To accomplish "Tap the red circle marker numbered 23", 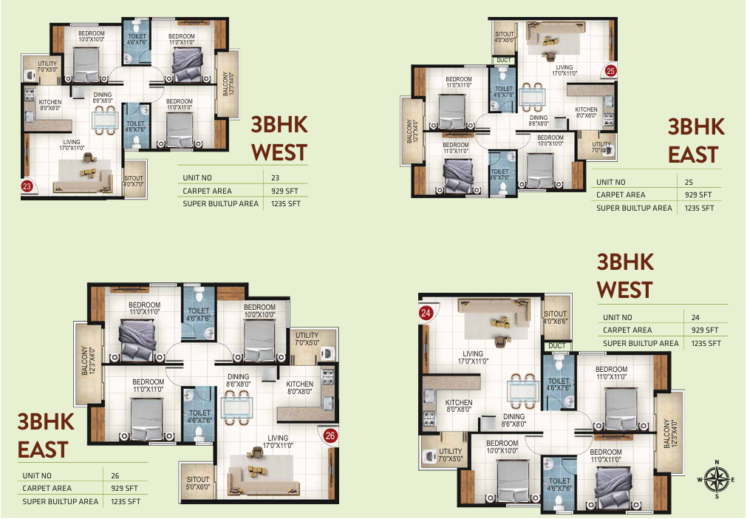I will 27,186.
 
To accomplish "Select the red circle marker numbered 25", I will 610,71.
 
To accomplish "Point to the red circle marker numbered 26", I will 330,435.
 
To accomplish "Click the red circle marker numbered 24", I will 426,313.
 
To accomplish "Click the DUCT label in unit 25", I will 504,60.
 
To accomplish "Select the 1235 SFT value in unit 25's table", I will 698,208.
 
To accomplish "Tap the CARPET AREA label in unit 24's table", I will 627,330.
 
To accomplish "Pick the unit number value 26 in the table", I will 114,476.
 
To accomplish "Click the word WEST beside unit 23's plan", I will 279,152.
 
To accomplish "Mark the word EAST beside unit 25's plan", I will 693,155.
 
